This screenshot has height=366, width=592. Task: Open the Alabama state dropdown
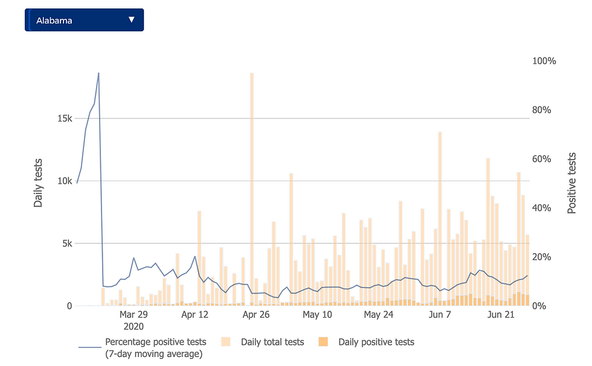83,20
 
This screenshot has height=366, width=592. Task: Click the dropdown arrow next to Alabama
132,20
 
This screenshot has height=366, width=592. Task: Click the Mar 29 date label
134,315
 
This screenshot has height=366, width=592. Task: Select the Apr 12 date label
195,315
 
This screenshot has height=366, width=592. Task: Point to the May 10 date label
318,315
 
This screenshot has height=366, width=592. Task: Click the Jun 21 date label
501,315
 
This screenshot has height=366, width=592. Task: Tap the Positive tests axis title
571,183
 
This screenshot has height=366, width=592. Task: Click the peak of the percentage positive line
98,73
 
